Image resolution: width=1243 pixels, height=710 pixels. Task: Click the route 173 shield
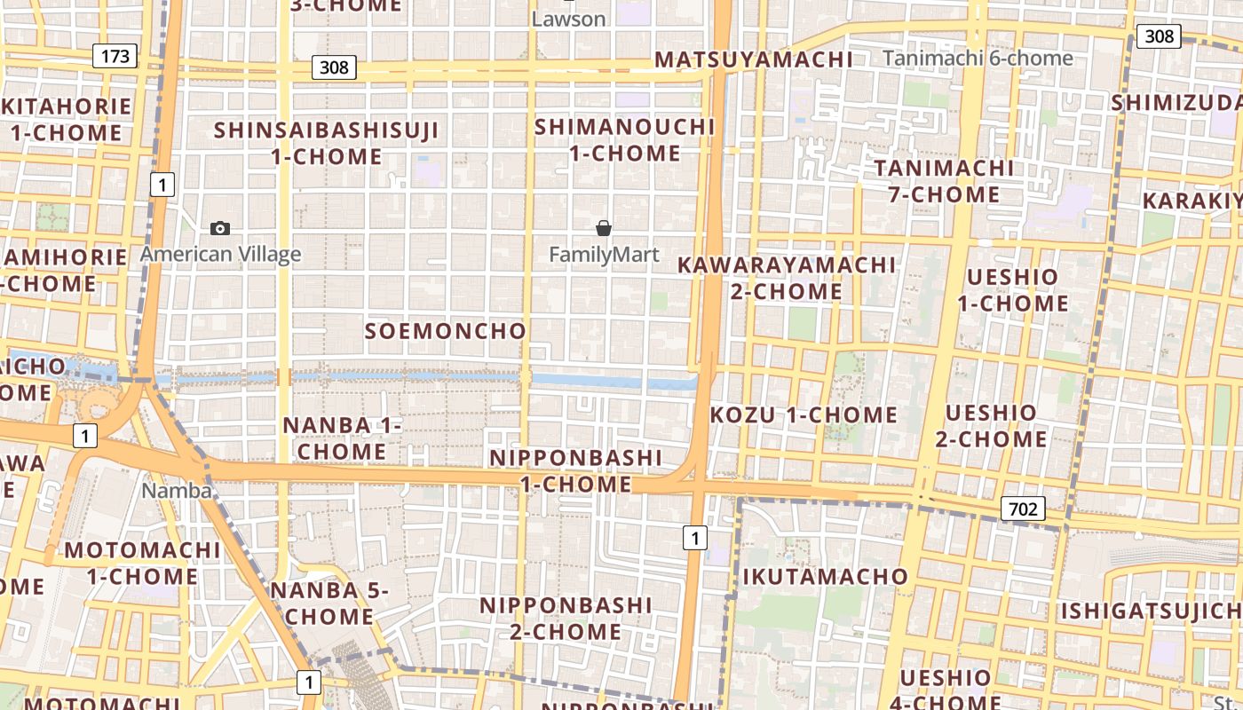pos(115,57)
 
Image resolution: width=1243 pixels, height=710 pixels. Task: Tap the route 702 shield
pos(1023,509)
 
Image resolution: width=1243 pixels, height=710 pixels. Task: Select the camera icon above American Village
pos(220,229)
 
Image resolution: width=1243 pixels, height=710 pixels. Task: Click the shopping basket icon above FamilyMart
pos(604,229)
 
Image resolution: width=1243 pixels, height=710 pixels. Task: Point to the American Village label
pos(221,255)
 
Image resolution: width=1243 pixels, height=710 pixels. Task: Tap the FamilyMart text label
pos(604,255)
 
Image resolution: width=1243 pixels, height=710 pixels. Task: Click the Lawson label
pos(568,19)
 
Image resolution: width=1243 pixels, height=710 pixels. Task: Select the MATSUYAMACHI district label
pos(754,59)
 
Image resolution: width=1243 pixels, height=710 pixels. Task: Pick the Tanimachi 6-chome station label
pos(978,59)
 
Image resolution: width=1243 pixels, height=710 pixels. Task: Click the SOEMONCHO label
pos(446,331)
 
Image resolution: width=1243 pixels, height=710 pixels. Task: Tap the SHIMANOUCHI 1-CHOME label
pos(624,140)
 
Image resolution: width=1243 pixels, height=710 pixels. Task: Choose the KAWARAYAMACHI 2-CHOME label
pos(787,278)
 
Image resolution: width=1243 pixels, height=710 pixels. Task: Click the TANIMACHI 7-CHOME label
pos(944,181)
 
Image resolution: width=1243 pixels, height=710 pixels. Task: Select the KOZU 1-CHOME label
pos(804,414)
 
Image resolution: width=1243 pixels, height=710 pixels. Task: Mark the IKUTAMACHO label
pos(825,577)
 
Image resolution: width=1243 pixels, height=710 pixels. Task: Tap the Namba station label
pos(177,491)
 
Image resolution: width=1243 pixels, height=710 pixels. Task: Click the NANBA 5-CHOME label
pos(329,603)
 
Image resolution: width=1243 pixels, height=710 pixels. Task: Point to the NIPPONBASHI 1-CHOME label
pos(576,471)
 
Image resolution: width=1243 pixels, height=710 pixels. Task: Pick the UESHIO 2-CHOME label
pos(991,426)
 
